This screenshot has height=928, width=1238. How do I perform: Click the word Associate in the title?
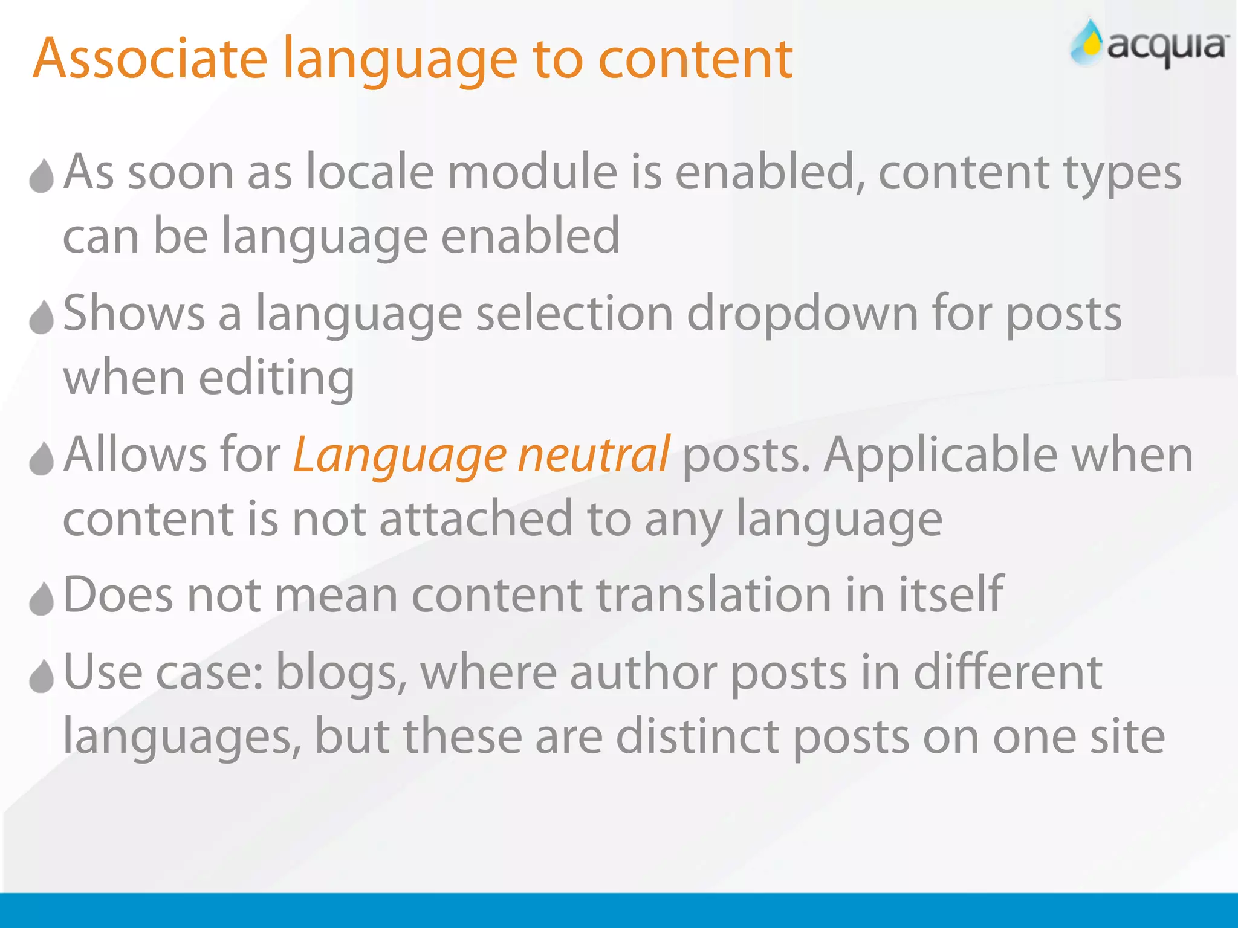(150, 59)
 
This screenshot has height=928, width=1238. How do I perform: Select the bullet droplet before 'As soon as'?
(42, 176)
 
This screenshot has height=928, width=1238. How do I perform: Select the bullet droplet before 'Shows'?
(42, 317)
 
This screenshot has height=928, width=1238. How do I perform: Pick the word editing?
(276, 379)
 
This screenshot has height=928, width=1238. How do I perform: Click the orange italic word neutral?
(594, 454)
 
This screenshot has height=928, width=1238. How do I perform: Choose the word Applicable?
(941, 454)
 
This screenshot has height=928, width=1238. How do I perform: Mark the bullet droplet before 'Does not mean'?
(42, 599)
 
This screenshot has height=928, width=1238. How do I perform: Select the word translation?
(713, 595)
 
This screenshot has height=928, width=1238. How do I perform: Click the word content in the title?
(695, 59)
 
